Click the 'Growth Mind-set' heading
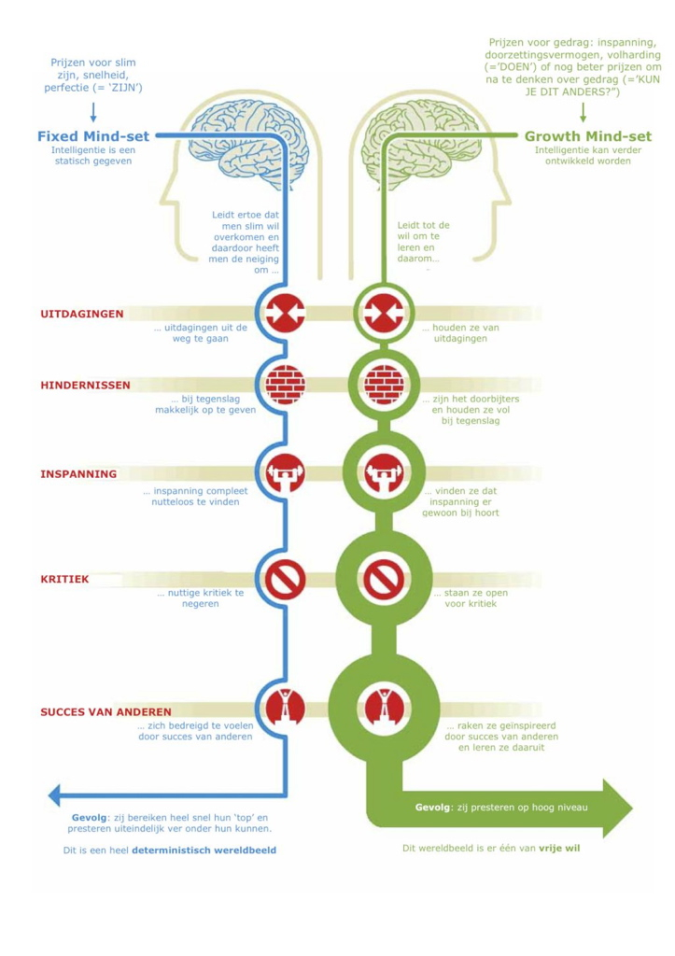[588, 136]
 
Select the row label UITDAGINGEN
[82, 314]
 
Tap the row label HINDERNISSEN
[85, 385]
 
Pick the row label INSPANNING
[78, 473]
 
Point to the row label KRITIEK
[64, 579]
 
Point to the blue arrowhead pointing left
[56, 794]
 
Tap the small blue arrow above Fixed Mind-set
[92, 112]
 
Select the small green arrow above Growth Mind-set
[584, 112]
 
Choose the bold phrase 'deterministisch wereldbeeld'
[204, 851]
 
